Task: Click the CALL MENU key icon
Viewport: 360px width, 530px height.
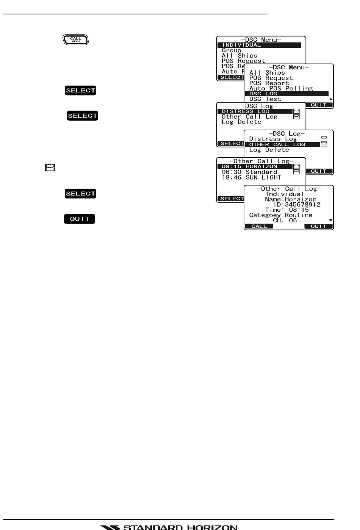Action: coord(75,39)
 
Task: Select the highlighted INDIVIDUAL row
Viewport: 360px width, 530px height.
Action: coord(259,45)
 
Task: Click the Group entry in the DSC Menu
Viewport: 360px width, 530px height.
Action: coord(232,50)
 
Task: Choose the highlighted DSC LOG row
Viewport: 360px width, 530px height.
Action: coord(286,94)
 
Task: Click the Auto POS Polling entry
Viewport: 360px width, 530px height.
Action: coord(281,89)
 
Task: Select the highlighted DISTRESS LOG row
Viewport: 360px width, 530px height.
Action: coord(255,111)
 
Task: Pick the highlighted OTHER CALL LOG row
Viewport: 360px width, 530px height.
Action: coord(282,144)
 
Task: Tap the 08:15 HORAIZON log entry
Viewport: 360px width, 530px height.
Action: coord(255,166)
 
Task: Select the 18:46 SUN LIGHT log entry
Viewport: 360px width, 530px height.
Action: coord(252,177)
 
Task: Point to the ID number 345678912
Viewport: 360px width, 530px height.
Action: coord(302,205)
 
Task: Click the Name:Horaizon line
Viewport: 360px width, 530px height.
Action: coord(291,199)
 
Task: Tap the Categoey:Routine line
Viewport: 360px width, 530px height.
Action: coord(281,215)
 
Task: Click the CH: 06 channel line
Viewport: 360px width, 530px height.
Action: coord(285,220)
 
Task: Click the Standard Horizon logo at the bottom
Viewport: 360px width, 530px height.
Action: coord(169,527)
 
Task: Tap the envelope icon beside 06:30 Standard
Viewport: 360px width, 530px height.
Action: coord(297,172)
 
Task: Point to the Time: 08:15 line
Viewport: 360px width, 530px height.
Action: coord(287,210)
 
